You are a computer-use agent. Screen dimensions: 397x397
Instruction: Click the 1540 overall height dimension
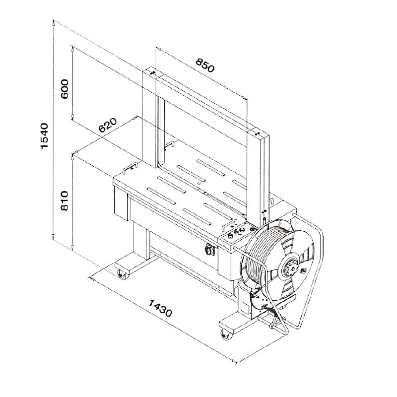[45, 136]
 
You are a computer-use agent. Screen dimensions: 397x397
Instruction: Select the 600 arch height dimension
[65, 89]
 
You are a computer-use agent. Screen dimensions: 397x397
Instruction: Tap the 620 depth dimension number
[108, 125]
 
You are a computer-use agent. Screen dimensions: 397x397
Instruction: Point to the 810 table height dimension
[65, 200]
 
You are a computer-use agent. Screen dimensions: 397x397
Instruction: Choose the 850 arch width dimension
[205, 66]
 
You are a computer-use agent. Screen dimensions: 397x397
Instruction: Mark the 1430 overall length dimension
[160, 308]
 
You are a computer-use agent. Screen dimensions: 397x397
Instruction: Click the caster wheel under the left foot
[123, 274]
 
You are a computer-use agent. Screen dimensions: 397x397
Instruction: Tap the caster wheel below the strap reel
[226, 334]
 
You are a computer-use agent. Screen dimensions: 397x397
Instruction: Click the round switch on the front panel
[209, 250]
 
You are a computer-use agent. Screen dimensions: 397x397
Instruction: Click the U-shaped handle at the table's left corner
[131, 168]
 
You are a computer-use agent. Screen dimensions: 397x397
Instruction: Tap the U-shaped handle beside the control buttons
[229, 225]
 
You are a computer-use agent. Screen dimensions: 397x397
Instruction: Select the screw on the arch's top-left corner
[153, 73]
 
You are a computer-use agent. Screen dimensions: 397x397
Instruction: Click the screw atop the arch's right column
[257, 133]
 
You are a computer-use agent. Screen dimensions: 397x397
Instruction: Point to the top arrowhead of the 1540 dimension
[54, 23]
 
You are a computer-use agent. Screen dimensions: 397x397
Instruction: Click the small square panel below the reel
[245, 307]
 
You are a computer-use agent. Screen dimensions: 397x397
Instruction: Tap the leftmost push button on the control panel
[231, 236]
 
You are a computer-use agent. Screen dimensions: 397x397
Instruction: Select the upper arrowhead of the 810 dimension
[72, 157]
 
